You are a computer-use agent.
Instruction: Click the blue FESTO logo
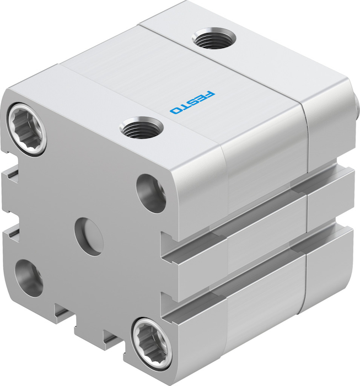[x=192, y=103]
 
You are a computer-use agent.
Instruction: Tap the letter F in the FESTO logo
[x=209, y=94]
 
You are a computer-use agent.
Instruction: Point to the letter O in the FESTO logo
[x=175, y=110]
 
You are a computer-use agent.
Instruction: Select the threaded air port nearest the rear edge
[x=214, y=38]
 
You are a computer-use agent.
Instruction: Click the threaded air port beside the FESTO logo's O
[x=142, y=127]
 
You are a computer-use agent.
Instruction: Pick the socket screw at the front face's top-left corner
[x=28, y=128]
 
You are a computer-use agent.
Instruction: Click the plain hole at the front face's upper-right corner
[x=151, y=193]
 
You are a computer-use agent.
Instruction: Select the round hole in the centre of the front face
[x=89, y=237]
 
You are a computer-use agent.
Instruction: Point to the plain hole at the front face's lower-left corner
[x=29, y=278]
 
